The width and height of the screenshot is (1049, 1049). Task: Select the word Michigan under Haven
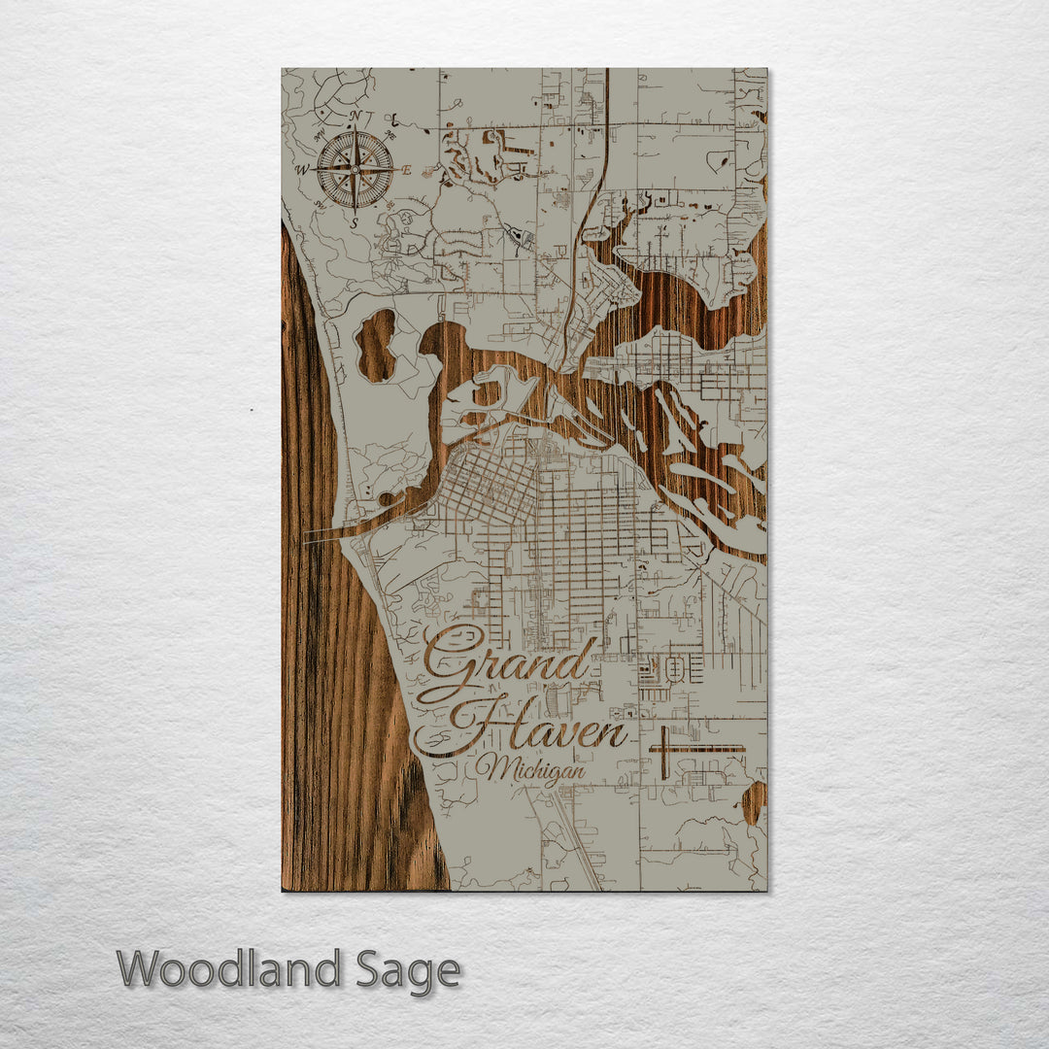tap(530, 770)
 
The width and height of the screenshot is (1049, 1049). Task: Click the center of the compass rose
tap(355, 170)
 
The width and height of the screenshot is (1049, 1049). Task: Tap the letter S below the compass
tap(355, 222)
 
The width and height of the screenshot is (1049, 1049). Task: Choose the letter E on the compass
tap(407, 170)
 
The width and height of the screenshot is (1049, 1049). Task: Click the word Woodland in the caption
tap(229, 969)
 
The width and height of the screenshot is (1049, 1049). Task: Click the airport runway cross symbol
tap(680, 750)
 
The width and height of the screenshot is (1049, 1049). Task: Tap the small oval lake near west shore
tap(377, 345)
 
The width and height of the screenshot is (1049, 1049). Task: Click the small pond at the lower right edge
tap(754, 802)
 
